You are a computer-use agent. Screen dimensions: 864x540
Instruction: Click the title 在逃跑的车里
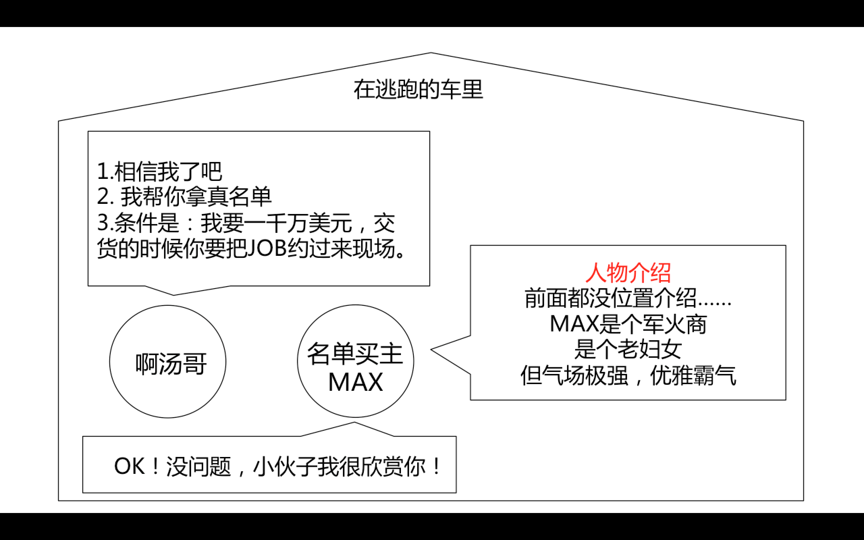[418, 90]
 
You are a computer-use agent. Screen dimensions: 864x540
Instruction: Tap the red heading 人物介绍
[628, 273]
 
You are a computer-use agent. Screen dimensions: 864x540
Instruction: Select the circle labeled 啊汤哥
[168, 361]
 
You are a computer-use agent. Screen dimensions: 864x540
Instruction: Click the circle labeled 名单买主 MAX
[355, 361]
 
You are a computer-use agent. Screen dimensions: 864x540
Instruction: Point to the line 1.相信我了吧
[160, 171]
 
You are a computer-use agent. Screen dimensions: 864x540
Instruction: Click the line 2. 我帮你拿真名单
[184, 197]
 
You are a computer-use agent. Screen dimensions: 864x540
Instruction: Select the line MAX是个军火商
[628, 324]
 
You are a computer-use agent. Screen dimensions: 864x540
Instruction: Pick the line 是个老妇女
[628, 350]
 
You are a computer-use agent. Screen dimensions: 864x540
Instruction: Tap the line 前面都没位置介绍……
[628, 298]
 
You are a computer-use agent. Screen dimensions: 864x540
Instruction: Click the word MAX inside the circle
[355, 382]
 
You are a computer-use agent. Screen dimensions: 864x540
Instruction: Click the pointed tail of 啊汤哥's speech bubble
[174, 294]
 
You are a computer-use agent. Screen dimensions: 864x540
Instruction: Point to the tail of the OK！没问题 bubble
[354, 424]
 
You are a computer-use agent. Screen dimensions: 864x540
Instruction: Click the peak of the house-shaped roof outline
[431, 53]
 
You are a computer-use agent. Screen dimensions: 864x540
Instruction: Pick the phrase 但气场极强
[574, 376]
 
